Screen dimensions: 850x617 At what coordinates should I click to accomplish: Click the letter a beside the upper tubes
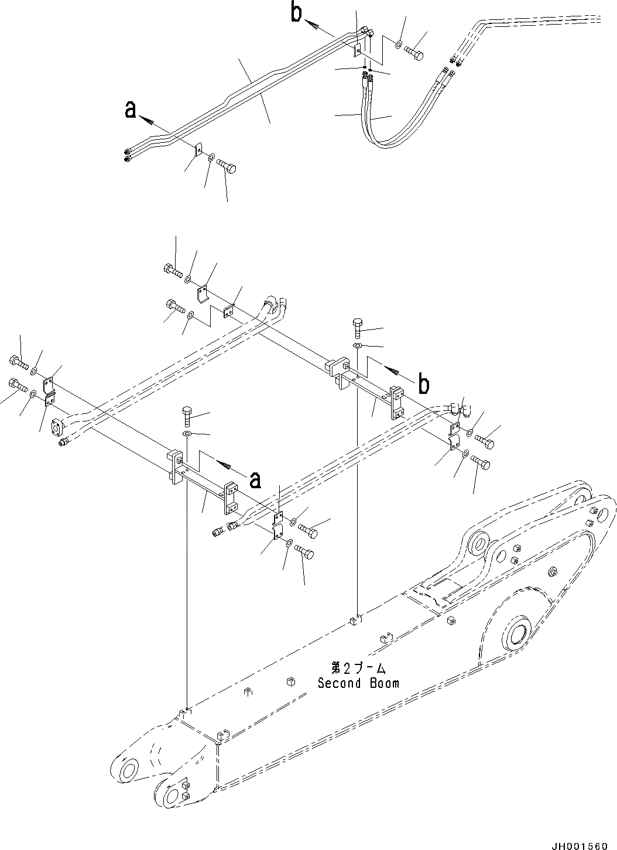131,109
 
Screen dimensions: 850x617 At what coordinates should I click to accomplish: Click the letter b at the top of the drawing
297,13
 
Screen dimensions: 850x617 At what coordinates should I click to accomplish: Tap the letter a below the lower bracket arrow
255,479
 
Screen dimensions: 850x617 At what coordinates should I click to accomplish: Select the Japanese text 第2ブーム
358,668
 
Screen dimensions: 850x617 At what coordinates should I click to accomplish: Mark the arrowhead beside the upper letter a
149,121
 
